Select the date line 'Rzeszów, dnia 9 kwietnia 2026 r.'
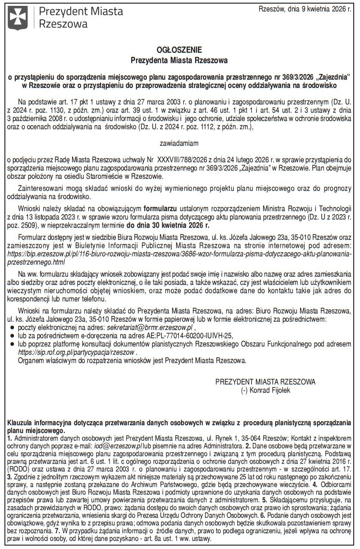click(x=305, y=9)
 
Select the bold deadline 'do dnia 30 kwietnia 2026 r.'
click(x=168, y=224)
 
